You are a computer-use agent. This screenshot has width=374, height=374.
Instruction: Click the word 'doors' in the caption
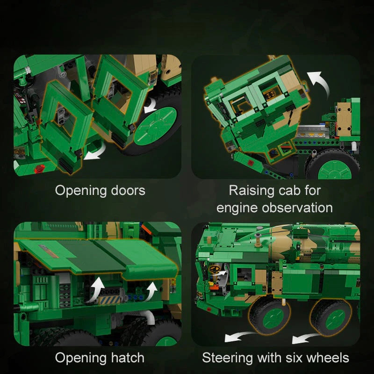point(128,190)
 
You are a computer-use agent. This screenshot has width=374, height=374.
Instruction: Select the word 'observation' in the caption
point(297,208)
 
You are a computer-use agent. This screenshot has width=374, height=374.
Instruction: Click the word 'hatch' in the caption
point(128,358)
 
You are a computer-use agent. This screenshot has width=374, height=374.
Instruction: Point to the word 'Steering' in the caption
point(227,358)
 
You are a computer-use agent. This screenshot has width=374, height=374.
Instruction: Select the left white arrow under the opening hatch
point(97,288)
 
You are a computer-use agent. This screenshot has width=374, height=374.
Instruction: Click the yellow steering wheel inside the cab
point(215,269)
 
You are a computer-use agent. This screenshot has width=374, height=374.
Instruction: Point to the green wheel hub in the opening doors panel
point(155,126)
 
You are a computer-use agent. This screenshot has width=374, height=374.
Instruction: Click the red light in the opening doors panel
point(39,169)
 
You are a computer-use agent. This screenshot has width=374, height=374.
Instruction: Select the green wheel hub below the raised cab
point(334,170)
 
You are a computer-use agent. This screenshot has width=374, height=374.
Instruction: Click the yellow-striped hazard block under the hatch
point(110,300)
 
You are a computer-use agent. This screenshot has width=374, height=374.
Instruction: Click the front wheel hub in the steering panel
point(273,318)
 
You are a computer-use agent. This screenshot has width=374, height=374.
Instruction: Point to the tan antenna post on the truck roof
point(258,240)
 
